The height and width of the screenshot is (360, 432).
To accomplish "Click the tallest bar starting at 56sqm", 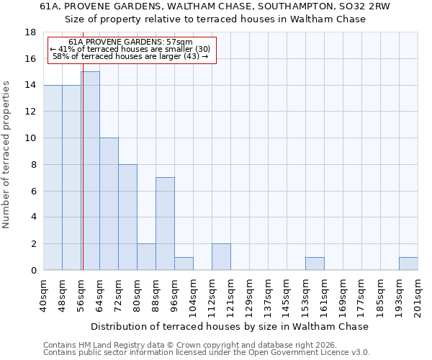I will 90,171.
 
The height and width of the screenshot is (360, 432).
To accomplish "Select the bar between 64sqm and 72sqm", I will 109,204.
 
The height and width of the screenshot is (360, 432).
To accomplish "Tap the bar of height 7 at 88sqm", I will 165,224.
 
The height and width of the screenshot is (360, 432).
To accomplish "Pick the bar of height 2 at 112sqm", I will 221,257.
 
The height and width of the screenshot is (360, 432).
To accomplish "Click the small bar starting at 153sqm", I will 315,264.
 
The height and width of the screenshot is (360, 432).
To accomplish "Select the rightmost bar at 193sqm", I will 408,264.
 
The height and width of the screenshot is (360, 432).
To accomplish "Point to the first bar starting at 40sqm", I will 53,177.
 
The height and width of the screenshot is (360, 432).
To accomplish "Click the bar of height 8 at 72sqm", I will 127,217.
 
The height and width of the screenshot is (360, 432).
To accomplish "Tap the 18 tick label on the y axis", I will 30,32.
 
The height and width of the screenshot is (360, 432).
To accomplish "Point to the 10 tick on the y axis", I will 30,138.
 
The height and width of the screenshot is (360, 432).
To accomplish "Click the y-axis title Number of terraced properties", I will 7,154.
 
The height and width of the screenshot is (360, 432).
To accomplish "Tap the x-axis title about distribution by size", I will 230,326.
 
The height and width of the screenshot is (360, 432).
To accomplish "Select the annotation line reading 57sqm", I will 131,42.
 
